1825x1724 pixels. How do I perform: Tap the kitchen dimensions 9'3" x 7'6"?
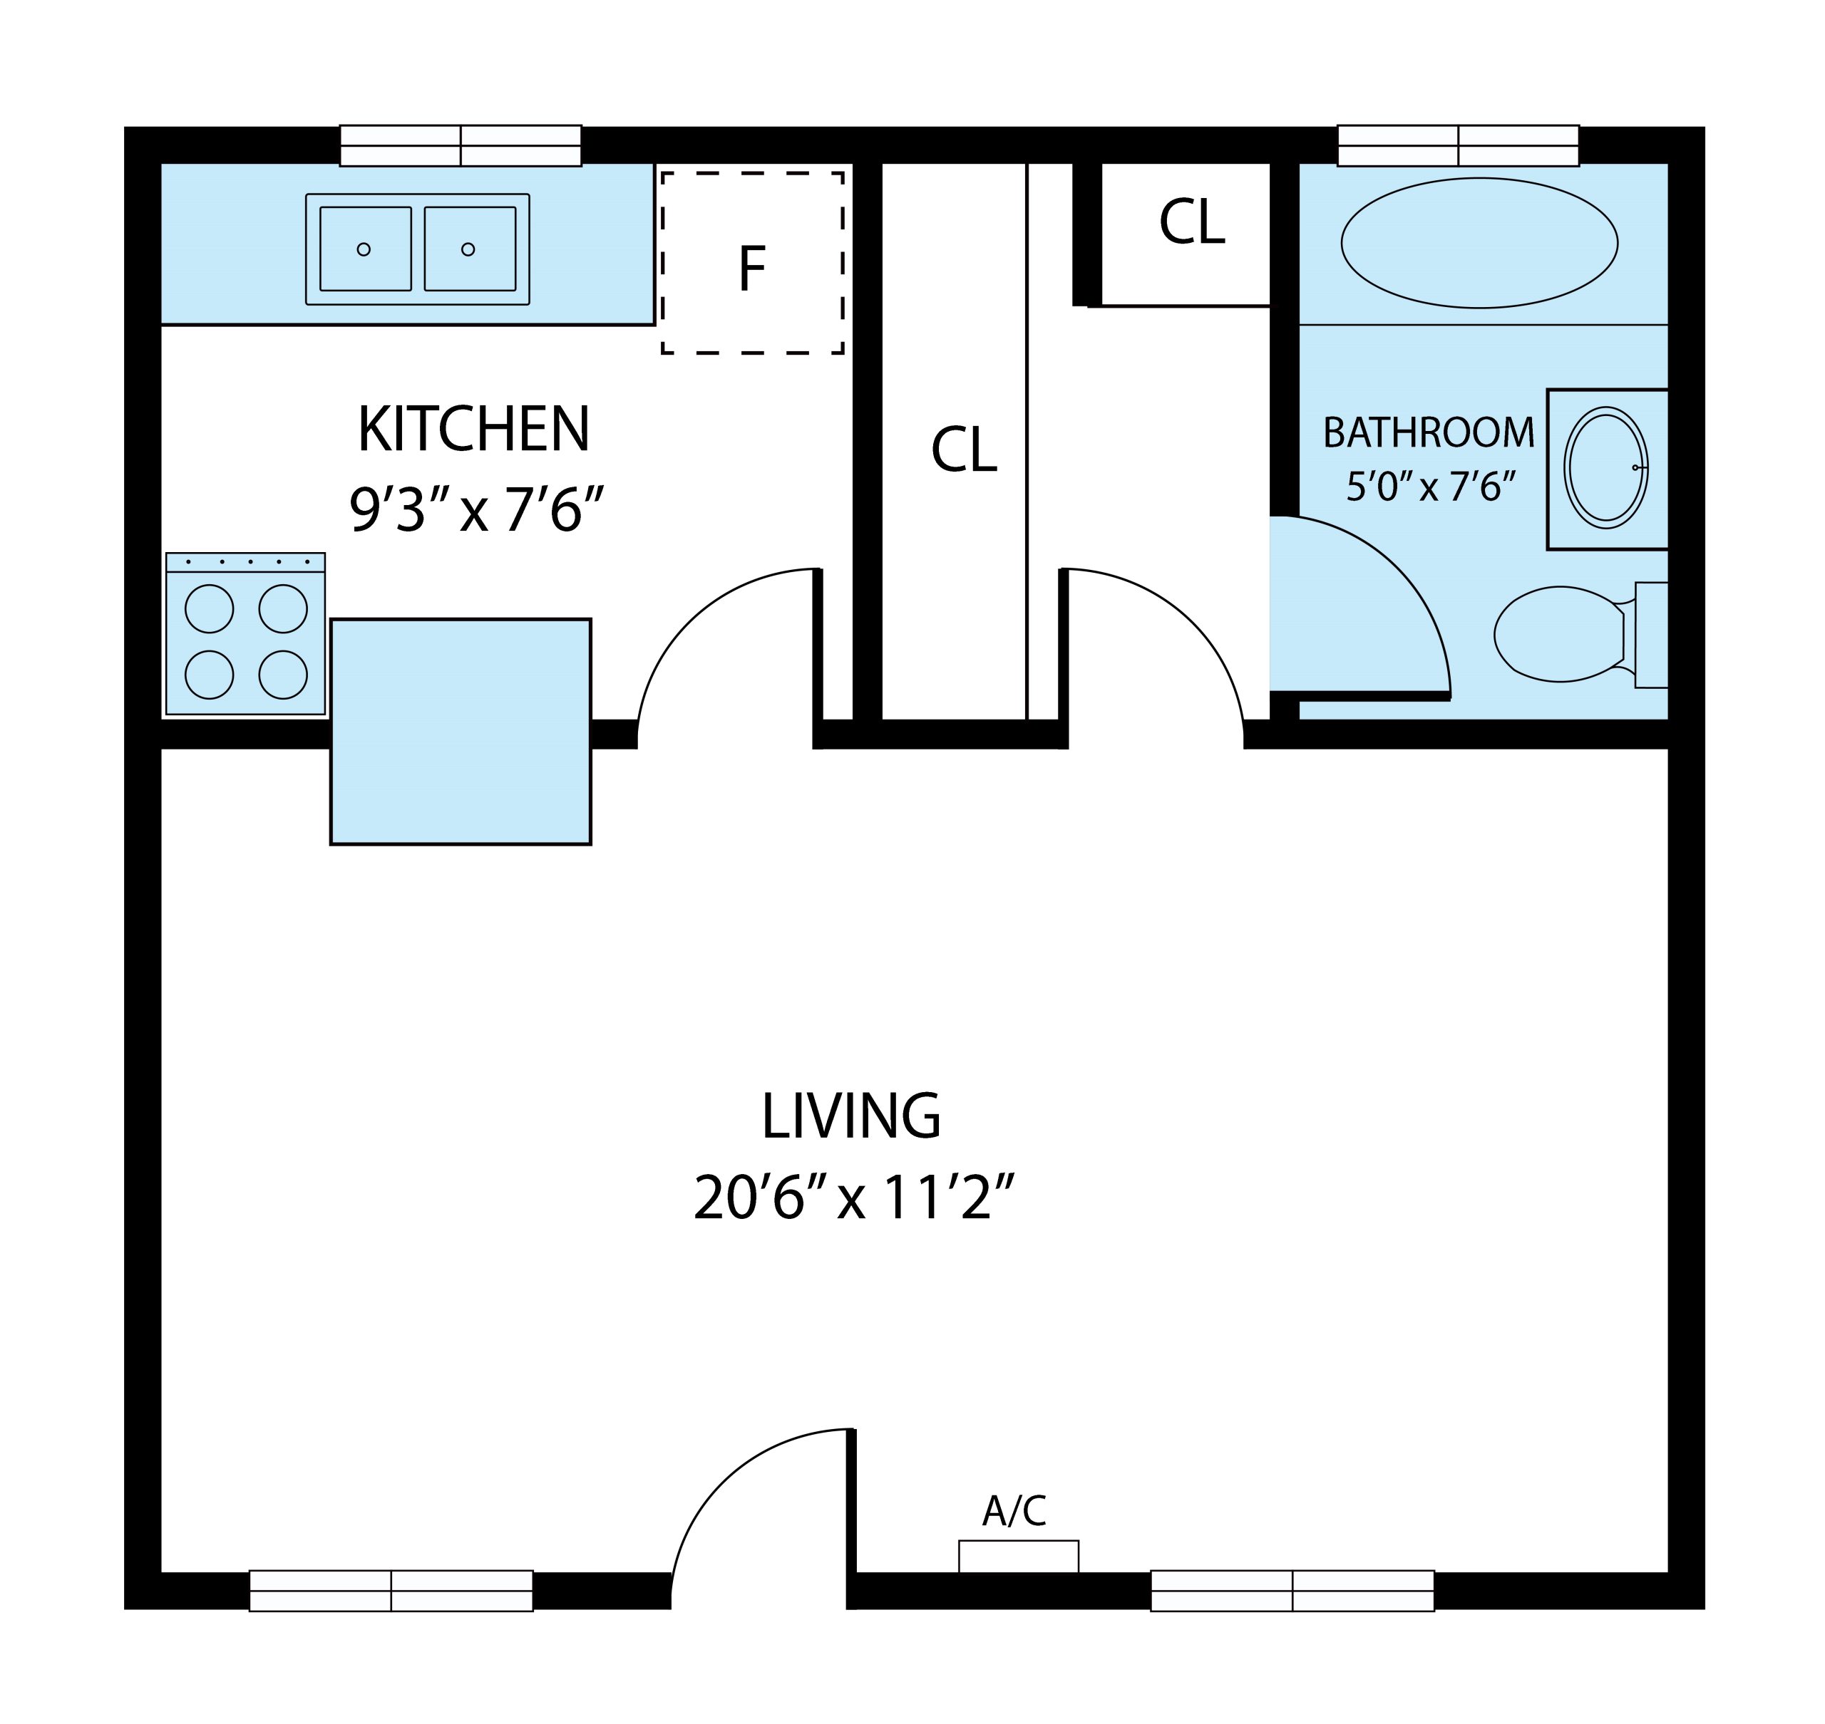tap(476, 509)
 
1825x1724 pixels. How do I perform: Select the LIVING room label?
tap(851, 1116)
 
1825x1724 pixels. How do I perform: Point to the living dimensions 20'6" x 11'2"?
tap(853, 1198)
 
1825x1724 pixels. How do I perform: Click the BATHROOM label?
tap(1429, 433)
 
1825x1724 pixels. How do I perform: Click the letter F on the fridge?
tap(752, 269)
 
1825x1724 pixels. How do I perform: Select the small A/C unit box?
tap(1019, 1556)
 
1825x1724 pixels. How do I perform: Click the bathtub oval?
tap(1479, 243)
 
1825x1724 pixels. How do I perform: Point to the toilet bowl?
tap(1561, 634)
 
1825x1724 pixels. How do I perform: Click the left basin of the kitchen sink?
tap(365, 248)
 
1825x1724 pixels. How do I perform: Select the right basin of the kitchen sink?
tap(470, 248)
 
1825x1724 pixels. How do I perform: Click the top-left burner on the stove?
tap(210, 608)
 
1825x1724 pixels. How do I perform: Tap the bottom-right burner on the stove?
tap(283, 675)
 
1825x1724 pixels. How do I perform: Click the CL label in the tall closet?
tap(964, 450)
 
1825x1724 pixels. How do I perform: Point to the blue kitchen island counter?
tap(461, 732)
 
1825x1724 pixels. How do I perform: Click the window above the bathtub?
tap(1458, 146)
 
